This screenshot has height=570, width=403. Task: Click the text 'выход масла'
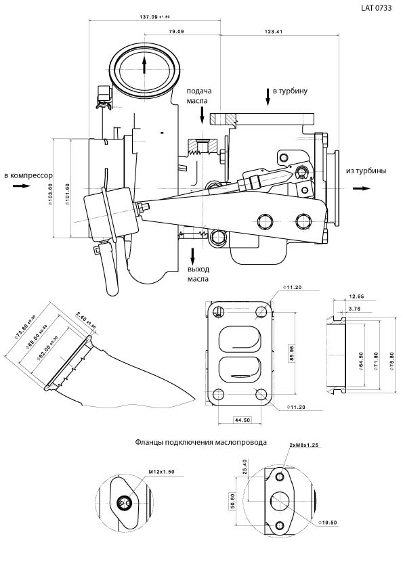click(x=198, y=273)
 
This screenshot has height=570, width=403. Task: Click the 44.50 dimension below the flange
click(x=242, y=420)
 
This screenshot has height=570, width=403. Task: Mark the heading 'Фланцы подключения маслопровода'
click(x=200, y=442)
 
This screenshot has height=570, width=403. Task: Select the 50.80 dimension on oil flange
click(x=232, y=504)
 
